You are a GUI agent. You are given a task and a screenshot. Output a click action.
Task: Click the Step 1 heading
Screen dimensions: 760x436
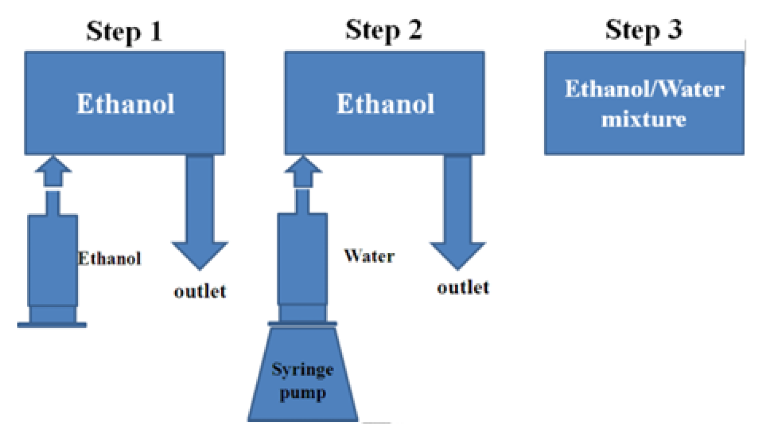pyautogui.click(x=124, y=31)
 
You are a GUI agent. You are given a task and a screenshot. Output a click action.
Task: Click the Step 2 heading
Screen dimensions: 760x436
pyautogui.click(x=384, y=31)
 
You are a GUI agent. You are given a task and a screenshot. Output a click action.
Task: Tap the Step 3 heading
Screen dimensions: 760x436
pyautogui.click(x=644, y=30)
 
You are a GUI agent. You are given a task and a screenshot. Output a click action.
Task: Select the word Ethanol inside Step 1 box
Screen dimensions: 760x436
pyautogui.click(x=125, y=103)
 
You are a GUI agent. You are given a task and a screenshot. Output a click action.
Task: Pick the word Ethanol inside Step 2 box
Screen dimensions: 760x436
pyautogui.click(x=385, y=103)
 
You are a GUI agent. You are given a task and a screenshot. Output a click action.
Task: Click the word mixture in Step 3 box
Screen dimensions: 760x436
pyautogui.click(x=644, y=119)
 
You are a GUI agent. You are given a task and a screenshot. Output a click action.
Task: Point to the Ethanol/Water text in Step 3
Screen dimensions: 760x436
pyautogui.click(x=645, y=89)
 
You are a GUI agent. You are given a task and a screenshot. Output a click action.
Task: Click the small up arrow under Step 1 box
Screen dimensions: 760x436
pyautogui.click(x=53, y=171)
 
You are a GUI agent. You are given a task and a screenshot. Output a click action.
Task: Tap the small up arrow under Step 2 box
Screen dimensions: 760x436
pyautogui.click(x=303, y=171)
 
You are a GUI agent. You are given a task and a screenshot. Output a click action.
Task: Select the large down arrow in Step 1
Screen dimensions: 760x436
pyautogui.click(x=200, y=212)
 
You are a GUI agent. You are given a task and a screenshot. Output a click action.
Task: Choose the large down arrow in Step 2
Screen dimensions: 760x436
pyautogui.click(x=458, y=212)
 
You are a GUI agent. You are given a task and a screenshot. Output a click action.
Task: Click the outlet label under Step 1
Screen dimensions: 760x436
pyautogui.click(x=200, y=291)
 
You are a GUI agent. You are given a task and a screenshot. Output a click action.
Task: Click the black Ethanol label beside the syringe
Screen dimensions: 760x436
pyautogui.click(x=109, y=258)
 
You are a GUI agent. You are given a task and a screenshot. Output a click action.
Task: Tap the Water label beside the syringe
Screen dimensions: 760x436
pyautogui.click(x=369, y=256)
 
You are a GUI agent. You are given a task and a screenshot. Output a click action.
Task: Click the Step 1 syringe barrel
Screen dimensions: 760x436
pyautogui.click(x=53, y=260)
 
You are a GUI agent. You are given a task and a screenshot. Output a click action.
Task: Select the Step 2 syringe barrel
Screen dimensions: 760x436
pyautogui.click(x=303, y=259)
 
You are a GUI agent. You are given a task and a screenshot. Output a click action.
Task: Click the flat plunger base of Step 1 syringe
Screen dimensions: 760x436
pyautogui.click(x=52, y=325)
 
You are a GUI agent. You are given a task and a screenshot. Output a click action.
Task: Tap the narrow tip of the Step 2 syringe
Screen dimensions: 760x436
pyautogui.click(x=303, y=201)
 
